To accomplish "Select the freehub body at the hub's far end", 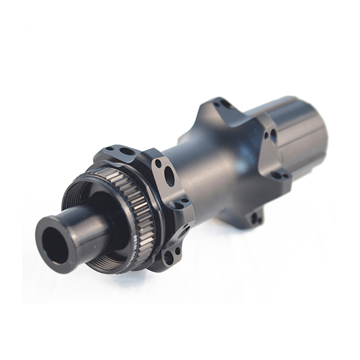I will point(297,130).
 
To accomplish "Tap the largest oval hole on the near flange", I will point(169,176).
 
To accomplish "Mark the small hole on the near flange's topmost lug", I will point(109,148).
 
